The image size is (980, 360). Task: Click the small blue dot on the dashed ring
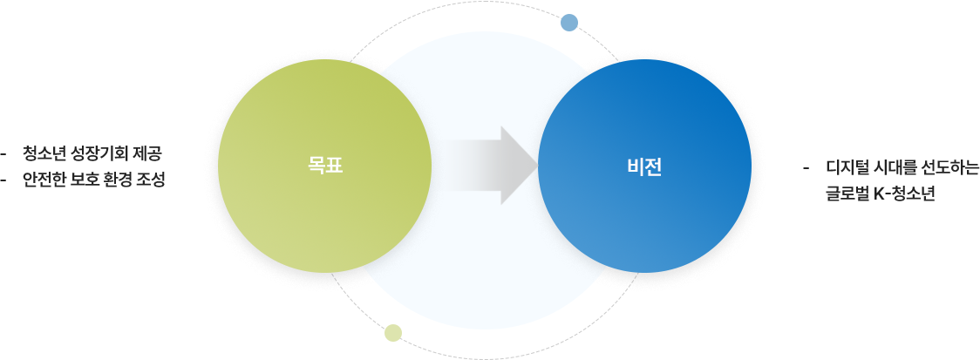569,23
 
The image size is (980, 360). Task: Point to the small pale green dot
393,333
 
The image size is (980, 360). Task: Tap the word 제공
148,153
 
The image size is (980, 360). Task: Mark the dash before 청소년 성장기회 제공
4,154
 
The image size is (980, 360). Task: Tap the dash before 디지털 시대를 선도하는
807,168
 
